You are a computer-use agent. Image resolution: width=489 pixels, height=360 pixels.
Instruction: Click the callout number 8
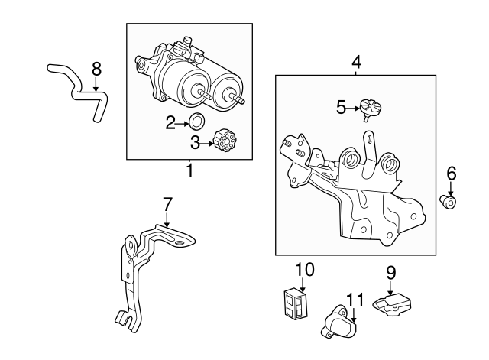click(x=96, y=69)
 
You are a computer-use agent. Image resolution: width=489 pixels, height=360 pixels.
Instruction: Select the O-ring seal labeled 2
click(x=197, y=122)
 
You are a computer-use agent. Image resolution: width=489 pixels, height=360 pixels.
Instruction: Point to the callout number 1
click(x=189, y=170)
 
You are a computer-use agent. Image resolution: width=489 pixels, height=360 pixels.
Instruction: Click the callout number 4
click(x=357, y=62)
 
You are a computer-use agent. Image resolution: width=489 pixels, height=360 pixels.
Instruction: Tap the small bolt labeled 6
click(x=449, y=202)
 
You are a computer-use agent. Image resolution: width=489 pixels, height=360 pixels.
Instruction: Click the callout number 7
click(x=167, y=204)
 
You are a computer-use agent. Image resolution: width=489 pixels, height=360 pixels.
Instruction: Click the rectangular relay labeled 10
click(x=295, y=304)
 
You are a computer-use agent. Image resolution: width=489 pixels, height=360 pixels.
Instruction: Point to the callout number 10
click(x=304, y=270)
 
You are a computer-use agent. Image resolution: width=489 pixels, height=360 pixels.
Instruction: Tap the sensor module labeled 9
click(x=392, y=304)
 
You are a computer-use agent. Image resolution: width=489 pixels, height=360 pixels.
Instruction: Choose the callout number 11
click(x=355, y=300)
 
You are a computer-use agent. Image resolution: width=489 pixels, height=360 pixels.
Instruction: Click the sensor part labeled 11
click(x=338, y=321)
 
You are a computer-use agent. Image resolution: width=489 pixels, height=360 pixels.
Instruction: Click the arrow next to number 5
click(x=353, y=109)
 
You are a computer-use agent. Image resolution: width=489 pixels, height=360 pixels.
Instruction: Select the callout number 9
click(x=390, y=273)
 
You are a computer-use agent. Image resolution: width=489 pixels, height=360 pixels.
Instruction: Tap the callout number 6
click(x=452, y=174)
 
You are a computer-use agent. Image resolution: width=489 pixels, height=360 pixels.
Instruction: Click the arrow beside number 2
click(x=183, y=124)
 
